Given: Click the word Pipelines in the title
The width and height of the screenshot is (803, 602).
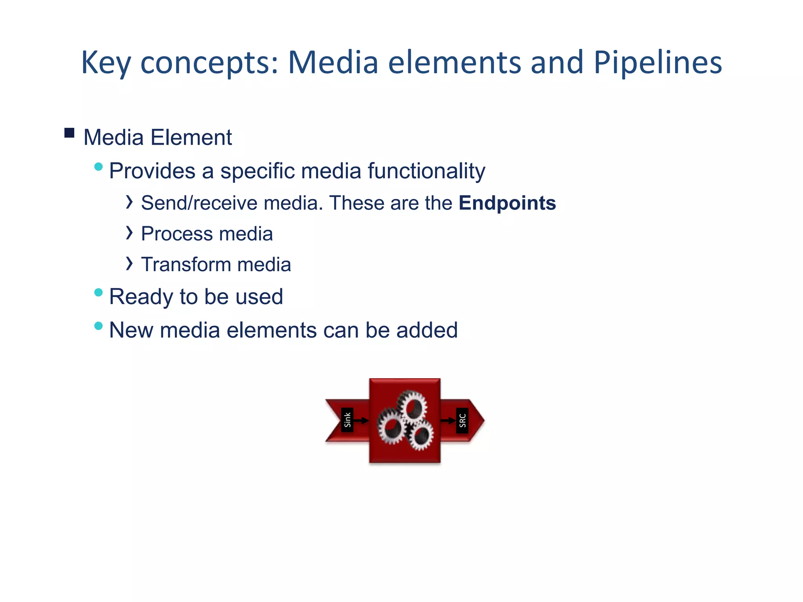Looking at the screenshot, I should click(x=658, y=63).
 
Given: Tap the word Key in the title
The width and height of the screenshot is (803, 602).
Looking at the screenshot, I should click(x=105, y=63).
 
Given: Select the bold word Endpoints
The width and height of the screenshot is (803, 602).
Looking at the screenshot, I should click(x=507, y=203).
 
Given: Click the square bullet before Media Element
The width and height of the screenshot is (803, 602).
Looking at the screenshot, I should click(x=69, y=133).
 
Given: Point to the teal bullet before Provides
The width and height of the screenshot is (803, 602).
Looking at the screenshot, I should click(x=98, y=167).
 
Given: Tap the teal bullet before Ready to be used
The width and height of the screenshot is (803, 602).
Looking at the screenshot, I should click(x=98, y=292).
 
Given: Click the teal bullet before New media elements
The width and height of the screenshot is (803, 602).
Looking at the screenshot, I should click(x=98, y=326).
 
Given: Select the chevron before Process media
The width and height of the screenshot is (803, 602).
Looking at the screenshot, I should click(x=129, y=233).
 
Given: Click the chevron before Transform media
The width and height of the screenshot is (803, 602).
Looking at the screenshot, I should click(x=129, y=263).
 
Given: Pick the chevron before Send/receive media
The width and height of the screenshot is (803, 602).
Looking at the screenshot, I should click(x=129, y=202).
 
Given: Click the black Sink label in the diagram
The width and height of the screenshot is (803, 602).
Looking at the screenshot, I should click(x=347, y=420).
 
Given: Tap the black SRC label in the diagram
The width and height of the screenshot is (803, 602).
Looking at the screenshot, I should click(x=462, y=421).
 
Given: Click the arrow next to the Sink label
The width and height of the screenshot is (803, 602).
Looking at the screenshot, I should click(x=362, y=421).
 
